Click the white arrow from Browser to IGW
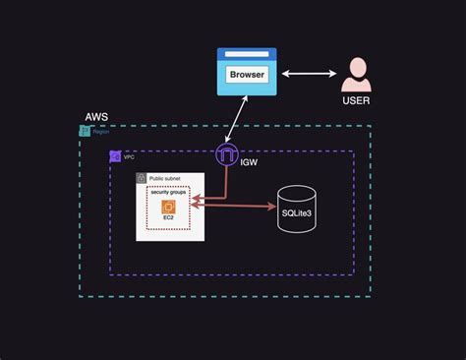pos(234,121)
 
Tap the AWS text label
pos(95,117)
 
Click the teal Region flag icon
pos(85,131)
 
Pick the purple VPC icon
pos(115,156)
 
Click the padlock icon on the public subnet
pos(142,178)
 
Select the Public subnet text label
pos(165,179)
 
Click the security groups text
pos(167,192)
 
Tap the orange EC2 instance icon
pos(167,206)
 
